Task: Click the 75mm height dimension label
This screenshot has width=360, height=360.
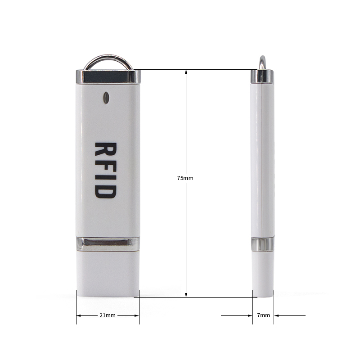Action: (185, 178)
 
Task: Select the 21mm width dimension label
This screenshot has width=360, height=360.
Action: (108, 315)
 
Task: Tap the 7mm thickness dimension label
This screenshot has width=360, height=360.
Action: (263, 315)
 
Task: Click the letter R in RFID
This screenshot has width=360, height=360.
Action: (107, 151)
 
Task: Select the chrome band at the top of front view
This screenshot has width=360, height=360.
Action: (106, 76)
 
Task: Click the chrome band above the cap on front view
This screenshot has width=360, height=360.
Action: (107, 244)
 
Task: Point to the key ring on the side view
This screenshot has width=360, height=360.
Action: (261, 62)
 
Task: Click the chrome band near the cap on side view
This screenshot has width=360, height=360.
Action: (262, 244)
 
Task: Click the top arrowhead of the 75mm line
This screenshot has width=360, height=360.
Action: (186, 72)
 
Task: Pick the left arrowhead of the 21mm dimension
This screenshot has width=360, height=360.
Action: (79, 315)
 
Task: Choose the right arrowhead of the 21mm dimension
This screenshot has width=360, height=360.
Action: (136, 315)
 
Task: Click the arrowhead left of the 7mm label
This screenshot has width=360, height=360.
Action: (250, 315)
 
